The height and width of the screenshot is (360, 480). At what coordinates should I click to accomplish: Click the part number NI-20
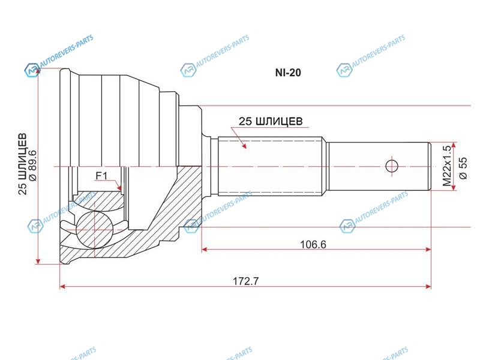pyautogui.click(x=288, y=73)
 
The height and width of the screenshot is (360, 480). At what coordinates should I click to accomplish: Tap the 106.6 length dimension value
pyautogui.click(x=313, y=245)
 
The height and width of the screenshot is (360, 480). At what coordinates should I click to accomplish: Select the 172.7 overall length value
pyautogui.click(x=246, y=281)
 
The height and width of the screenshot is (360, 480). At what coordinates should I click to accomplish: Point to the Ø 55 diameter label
pyautogui.click(x=463, y=168)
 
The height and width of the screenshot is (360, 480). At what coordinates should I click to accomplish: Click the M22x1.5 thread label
pyautogui.click(x=446, y=166)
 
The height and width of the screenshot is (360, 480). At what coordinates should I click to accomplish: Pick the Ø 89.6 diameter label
pyautogui.click(x=32, y=165)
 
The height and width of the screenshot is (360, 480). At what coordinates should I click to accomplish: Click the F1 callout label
pyautogui.click(x=101, y=176)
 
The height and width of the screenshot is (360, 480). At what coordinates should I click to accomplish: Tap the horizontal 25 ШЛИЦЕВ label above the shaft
pyautogui.click(x=271, y=121)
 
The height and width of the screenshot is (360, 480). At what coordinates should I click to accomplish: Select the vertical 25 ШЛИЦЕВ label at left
pyautogui.click(x=22, y=164)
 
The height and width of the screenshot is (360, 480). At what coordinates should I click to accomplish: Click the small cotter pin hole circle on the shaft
pyautogui.click(x=392, y=167)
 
